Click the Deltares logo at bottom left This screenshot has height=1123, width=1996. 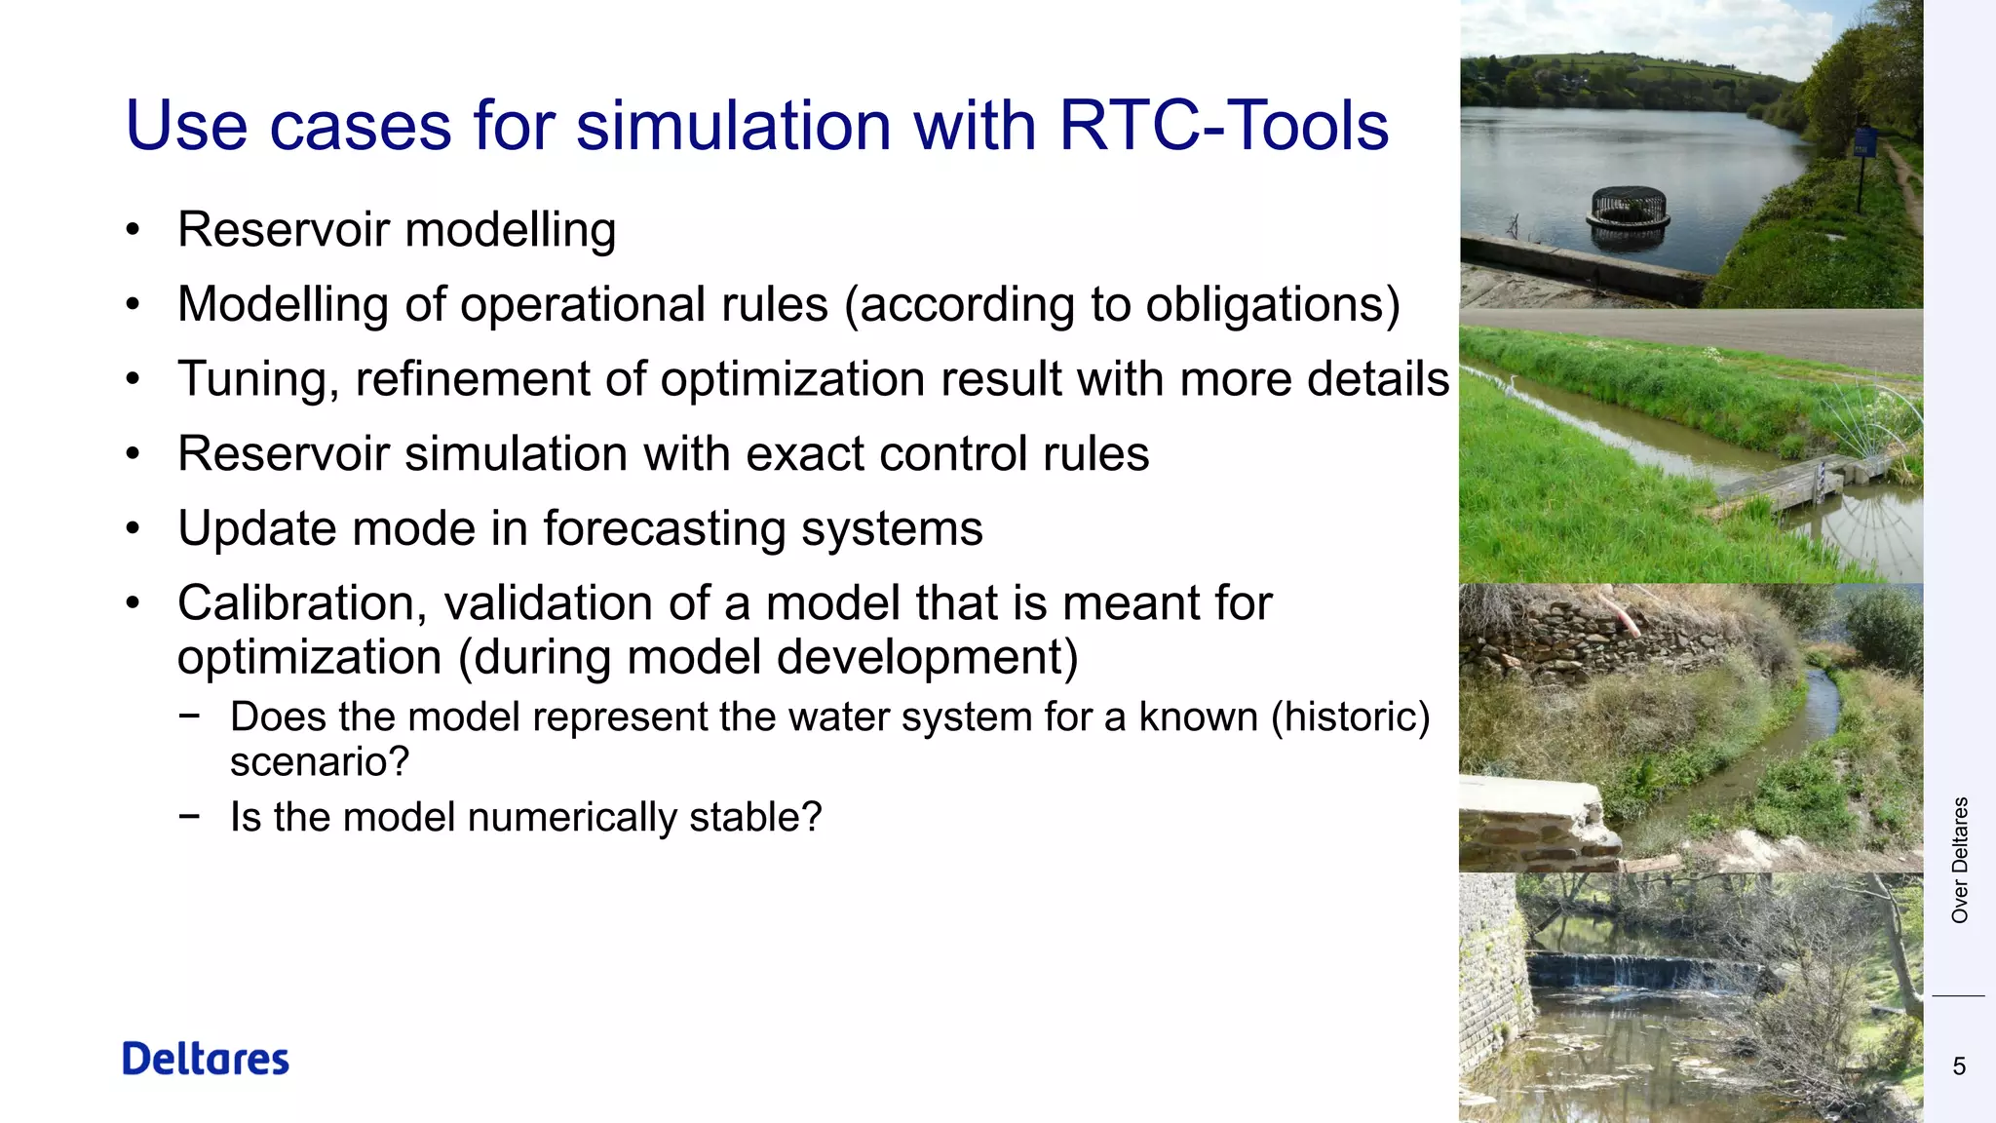click(206, 1059)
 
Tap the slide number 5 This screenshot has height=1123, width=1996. click(1959, 1066)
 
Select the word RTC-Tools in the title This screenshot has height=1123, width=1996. click(1223, 126)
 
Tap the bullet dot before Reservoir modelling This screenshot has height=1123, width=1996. click(134, 231)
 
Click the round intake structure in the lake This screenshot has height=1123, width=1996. click(1629, 210)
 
